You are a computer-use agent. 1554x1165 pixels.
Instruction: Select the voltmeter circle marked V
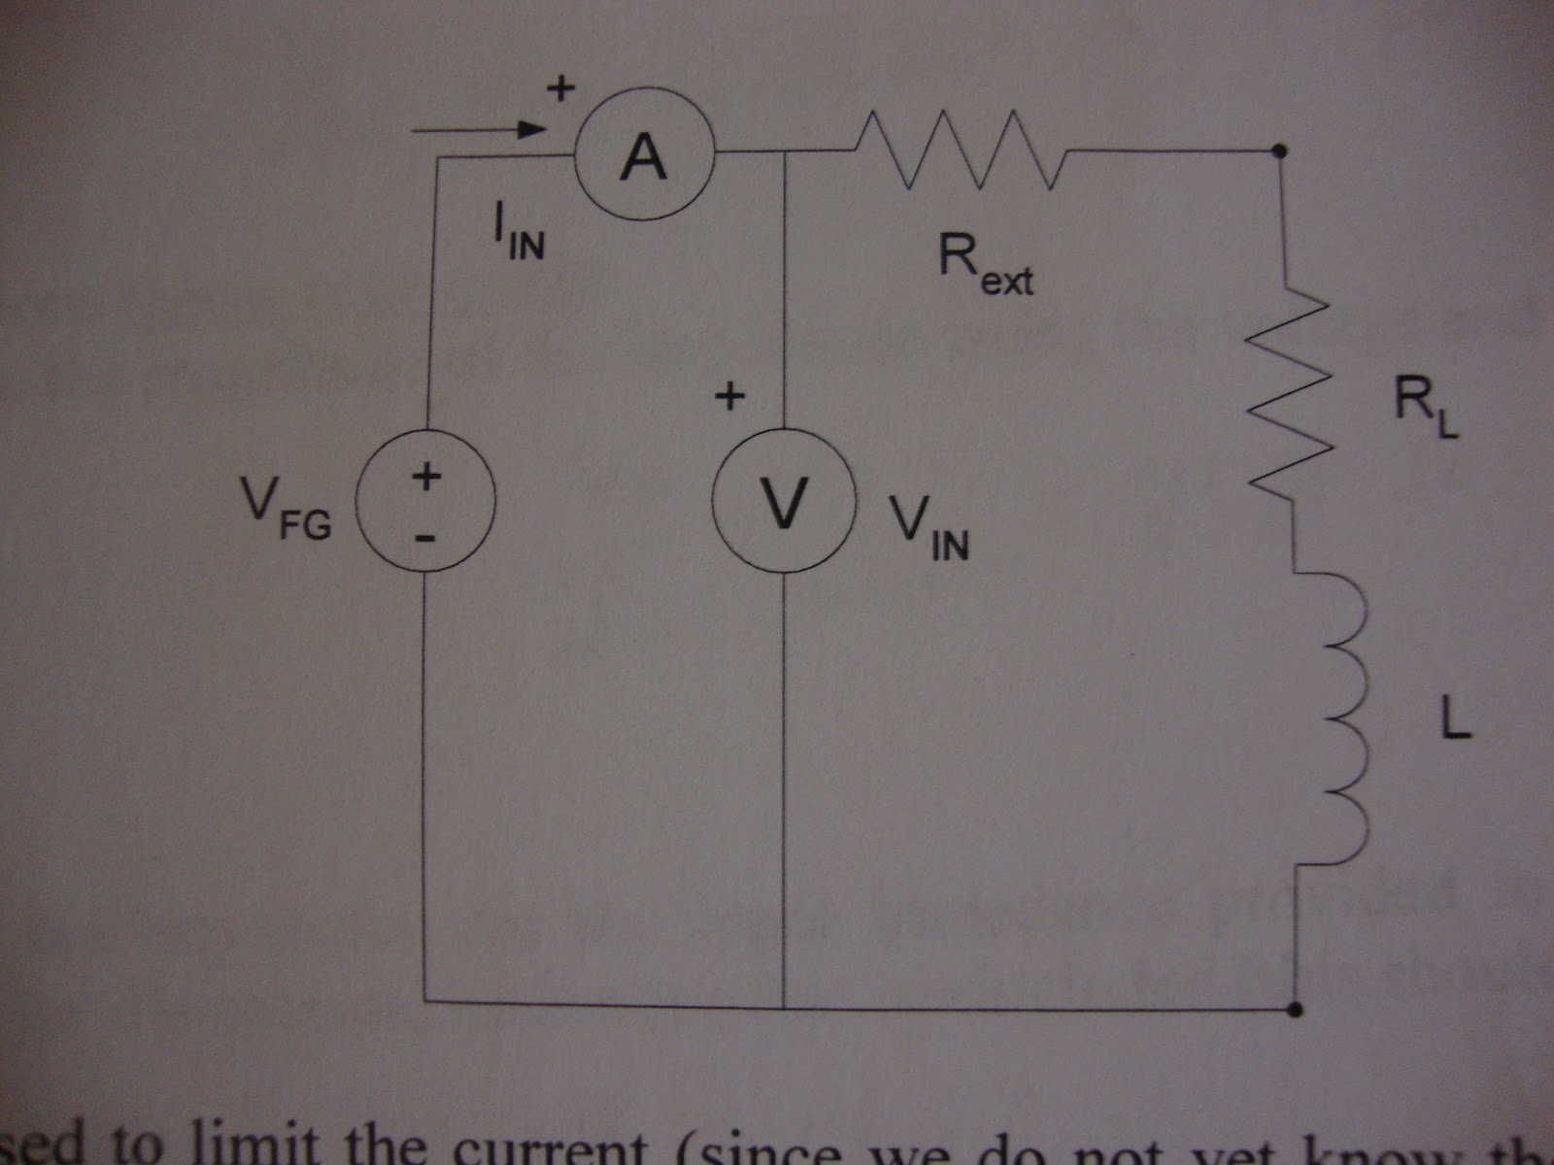click(x=783, y=501)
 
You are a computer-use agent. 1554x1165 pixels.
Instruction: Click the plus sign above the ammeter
click(x=560, y=89)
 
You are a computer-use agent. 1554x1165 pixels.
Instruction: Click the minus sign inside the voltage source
click(x=427, y=537)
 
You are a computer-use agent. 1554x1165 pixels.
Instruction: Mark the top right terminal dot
click(x=1281, y=150)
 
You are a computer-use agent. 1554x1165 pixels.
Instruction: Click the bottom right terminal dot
click(x=1294, y=1010)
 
